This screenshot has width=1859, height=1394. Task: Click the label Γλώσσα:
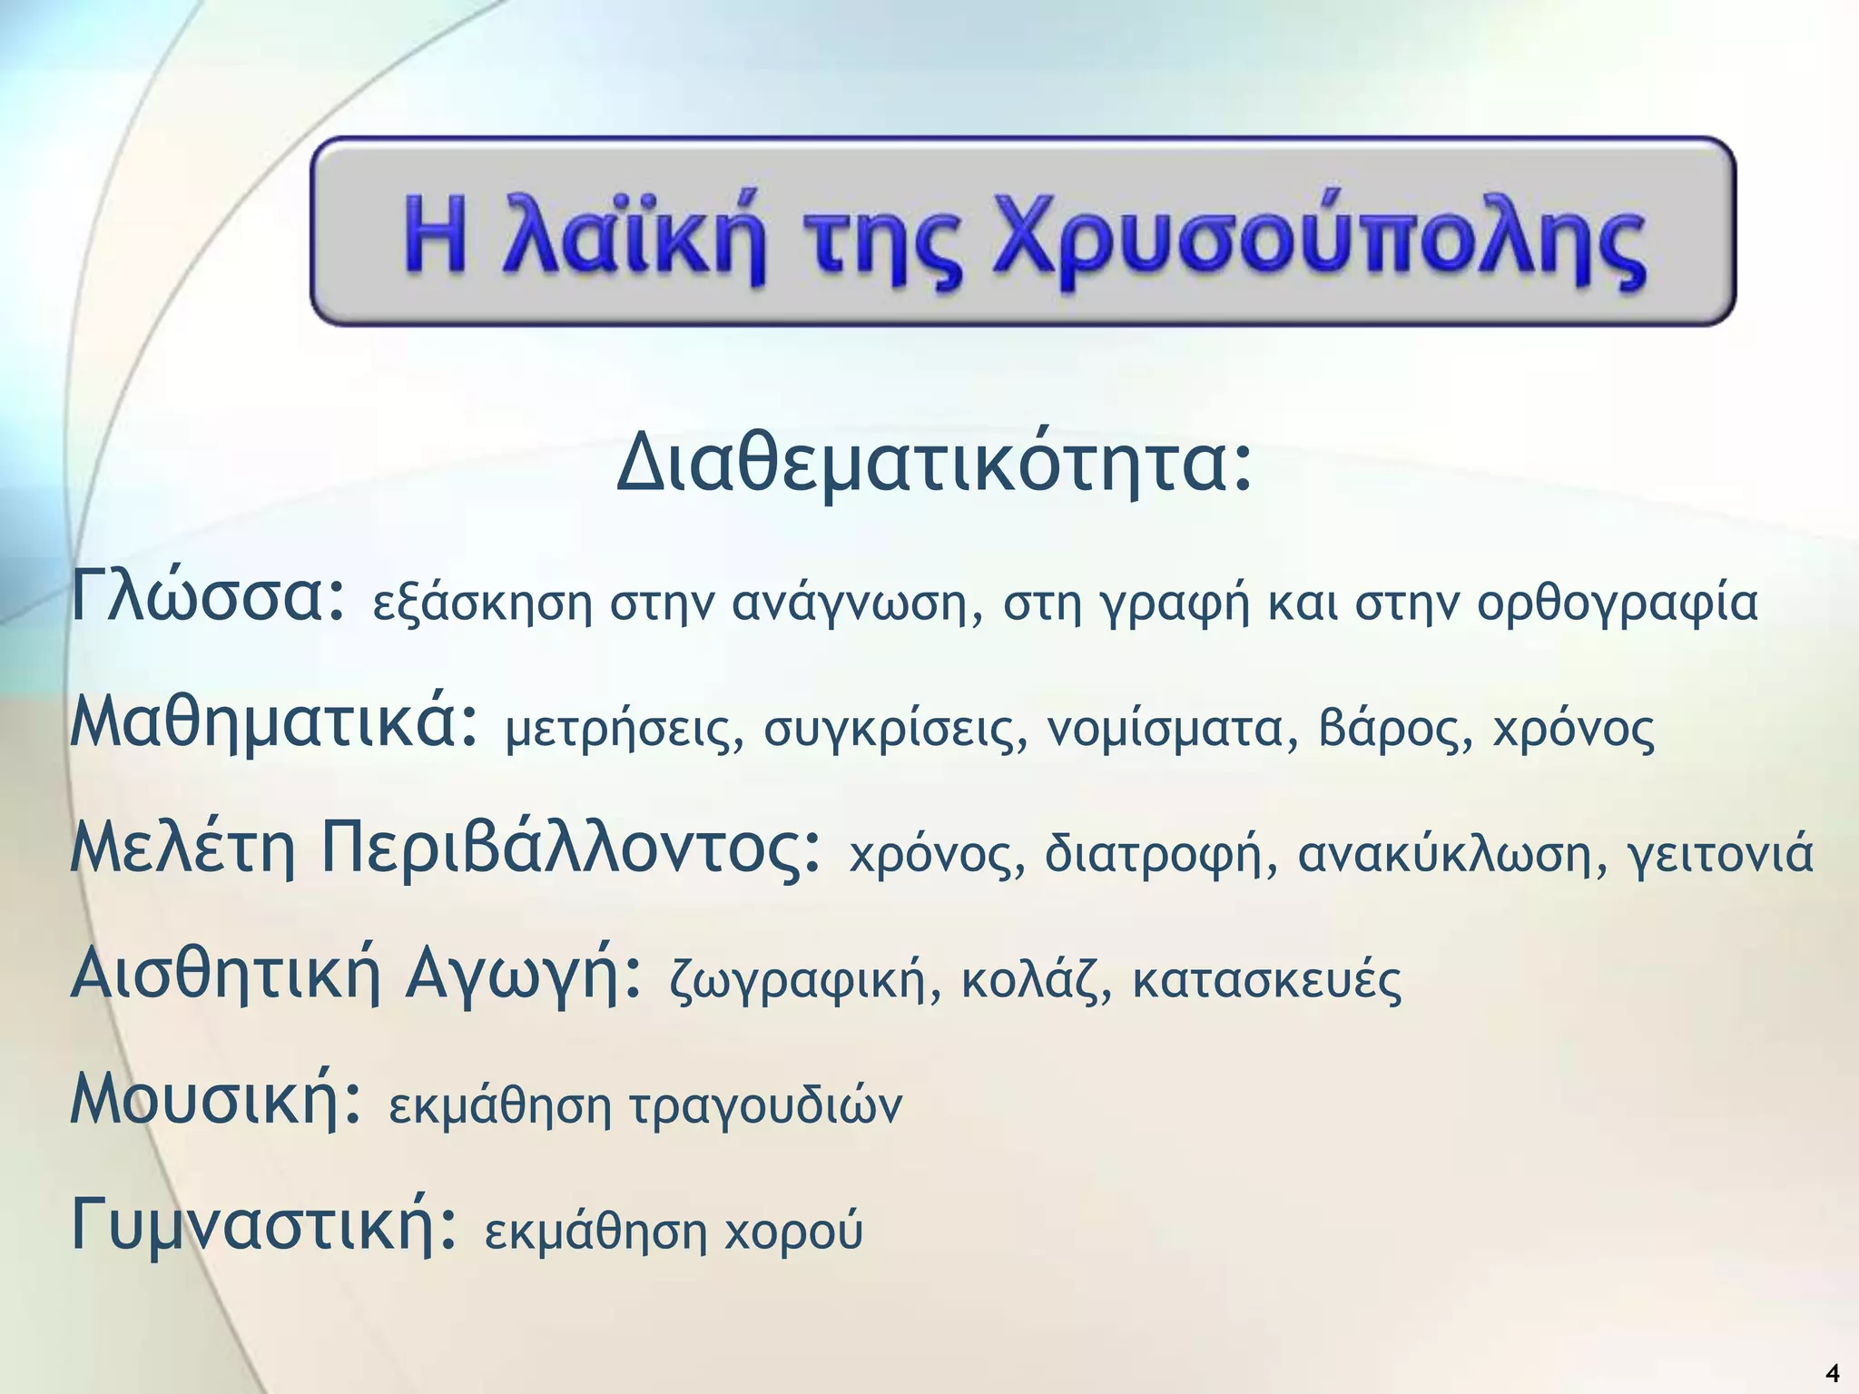click(208, 595)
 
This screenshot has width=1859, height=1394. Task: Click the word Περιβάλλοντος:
click(572, 850)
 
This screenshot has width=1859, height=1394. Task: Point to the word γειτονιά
click(1721, 855)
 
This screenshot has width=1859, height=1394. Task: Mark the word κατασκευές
click(1266, 980)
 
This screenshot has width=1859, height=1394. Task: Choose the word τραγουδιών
click(764, 1106)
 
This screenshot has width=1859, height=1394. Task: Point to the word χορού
click(793, 1232)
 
